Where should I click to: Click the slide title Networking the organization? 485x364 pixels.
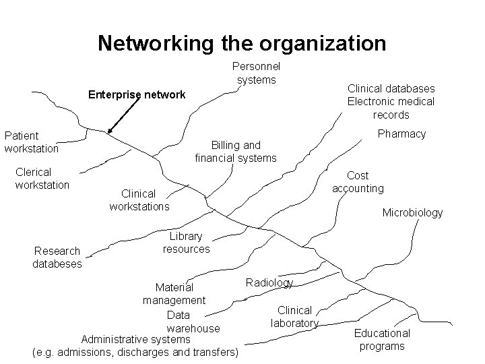pos(242,44)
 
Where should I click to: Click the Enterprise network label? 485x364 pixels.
pos(137,94)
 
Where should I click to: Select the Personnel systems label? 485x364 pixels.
pos(256,73)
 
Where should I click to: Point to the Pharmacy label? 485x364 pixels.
pos(401,133)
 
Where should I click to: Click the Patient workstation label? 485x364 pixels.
pos(31,142)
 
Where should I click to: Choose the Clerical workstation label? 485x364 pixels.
pos(42,178)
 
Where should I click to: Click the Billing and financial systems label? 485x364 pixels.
pos(236,152)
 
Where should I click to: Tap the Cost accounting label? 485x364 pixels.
pos(358,182)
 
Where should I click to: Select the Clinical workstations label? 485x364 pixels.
pos(139,200)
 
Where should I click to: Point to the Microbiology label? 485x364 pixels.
pos(412,212)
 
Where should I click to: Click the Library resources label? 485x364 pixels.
pos(186,243)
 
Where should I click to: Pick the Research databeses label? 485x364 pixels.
pos(57,257)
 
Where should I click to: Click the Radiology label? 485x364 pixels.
pos(269,282)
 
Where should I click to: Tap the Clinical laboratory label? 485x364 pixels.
pos(294,317)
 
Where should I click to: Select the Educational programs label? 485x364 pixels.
pos(382,340)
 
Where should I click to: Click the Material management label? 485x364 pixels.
pos(174,294)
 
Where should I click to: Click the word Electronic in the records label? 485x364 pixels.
pos(373,102)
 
